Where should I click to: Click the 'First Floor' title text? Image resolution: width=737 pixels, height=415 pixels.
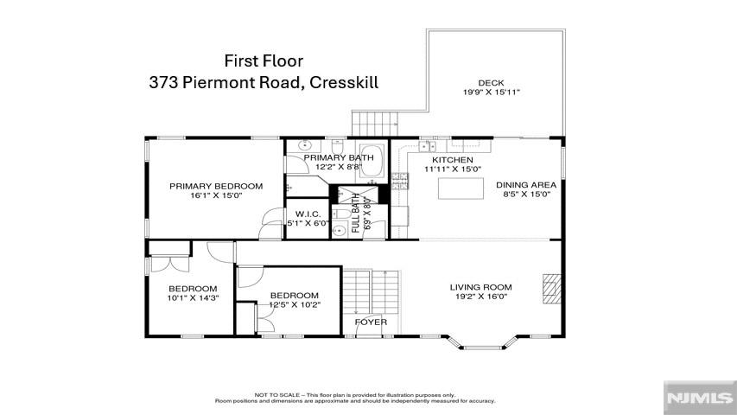(264, 61)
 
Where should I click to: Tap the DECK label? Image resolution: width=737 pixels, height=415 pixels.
(491, 83)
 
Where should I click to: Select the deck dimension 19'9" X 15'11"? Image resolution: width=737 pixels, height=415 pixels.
(491, 93)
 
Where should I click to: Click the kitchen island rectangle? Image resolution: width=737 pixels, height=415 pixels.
(461, 188)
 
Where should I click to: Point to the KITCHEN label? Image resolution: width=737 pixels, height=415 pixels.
(453, 160)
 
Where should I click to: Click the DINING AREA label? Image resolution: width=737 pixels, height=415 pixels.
(526, 185)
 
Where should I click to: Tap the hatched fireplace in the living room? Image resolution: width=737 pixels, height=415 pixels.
(552, 289)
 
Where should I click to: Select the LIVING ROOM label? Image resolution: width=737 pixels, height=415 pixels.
(481, 287)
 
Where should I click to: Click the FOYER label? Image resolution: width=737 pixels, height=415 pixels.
(371, 322)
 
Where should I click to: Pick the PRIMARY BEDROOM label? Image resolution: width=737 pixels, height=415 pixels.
(216, 187)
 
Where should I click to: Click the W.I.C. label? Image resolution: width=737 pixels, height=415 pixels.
(308, 214)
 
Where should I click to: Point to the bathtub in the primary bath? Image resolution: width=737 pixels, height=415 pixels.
(372, 161)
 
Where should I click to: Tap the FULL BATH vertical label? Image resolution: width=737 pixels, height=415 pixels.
(356, 214)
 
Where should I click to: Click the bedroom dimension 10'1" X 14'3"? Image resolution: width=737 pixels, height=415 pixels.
(194, 297)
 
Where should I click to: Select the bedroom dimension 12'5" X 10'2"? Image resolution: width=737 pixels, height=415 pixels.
(295, 304)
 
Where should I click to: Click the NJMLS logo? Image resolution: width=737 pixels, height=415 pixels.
(700, 398)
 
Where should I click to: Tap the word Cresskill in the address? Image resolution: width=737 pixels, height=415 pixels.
(344, 83)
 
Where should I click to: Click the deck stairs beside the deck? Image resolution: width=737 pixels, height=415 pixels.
(375, 124)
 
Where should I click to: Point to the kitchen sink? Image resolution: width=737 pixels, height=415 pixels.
(428, 146)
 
